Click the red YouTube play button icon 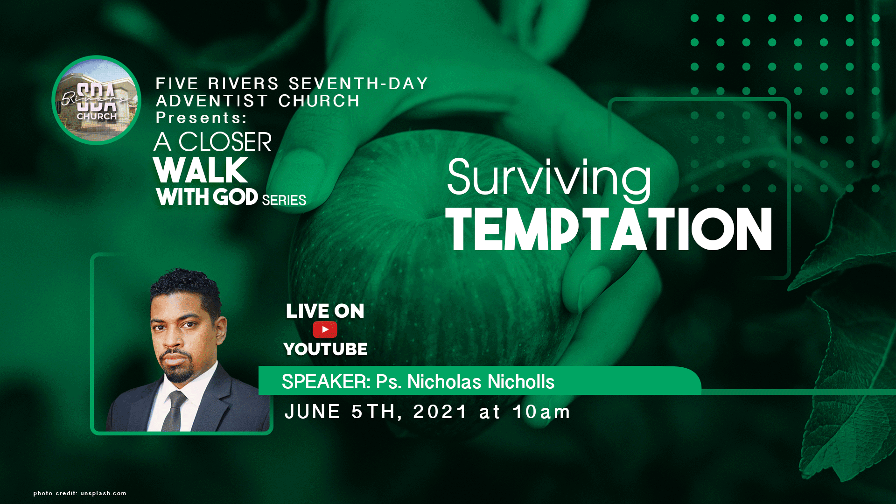coord(325,329)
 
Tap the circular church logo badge coord(97,100)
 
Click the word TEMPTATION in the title coord(609,229)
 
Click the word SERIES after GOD coord(284,200)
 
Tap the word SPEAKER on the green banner coord(326,382)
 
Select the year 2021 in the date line coord(440,412)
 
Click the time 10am coord(541,412)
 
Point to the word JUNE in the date coord(313,412)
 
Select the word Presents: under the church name coord(201,118)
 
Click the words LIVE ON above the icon coord(325,311)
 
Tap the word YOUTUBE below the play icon coord(325,349)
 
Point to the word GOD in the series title coord(236,197)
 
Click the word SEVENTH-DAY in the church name coord(358,84)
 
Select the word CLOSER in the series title coord(225,142)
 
